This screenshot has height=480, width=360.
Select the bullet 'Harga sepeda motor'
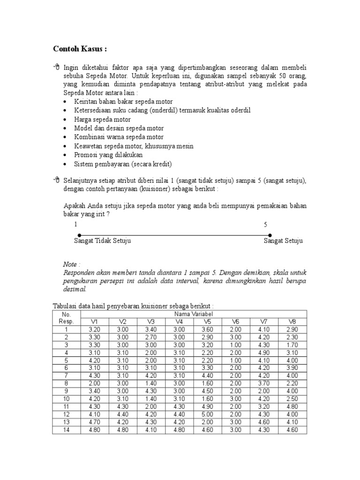[x=102, y=120]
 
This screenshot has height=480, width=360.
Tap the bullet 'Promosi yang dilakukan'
[x=108, y=155]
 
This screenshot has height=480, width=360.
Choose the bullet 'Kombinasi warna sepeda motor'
[x=119, y=137]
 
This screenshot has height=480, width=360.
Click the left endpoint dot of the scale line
[x=79, y=235]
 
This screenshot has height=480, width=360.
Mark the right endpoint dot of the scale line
[x=270, y=235]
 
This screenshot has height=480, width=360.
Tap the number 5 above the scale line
[x=266, y=225]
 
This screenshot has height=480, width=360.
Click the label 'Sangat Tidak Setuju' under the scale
[x=102, y=241]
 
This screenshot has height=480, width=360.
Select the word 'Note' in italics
[x=71, y=264]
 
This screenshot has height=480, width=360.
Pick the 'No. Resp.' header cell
[x=66, y=317]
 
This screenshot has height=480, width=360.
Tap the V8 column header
[x=292, y=321]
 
